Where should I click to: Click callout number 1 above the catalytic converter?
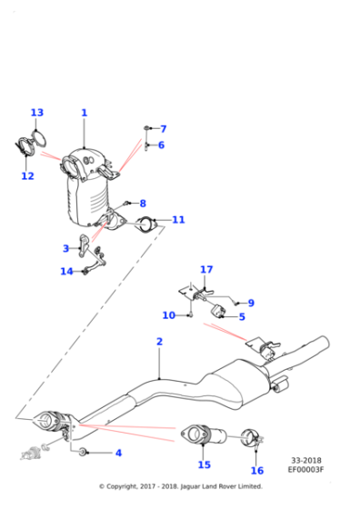click(x=84, y=114)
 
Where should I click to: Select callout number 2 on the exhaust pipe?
click(x=159, y=342)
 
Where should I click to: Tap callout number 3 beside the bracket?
click(x=65, y=248)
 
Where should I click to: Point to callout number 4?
click(x=117, y=453)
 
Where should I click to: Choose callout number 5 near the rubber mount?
click(x=242, y=317)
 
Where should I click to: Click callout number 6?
click(x=161, y=145)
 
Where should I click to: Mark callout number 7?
click(x=163, y=129)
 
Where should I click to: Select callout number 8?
click(x=142, y=204)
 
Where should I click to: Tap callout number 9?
click(x=251, y=303)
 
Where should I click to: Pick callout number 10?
click(x=168, y=315)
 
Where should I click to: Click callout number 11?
click(x=178, y=220)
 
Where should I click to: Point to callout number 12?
click(x=27, y=176)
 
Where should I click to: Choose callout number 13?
click(x=36, y=114)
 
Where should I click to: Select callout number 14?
click(x=66, y=271)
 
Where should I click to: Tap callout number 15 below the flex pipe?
click(x=204, y=464)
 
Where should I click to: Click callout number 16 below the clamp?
click(x=257, y=470)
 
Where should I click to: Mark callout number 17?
click(x=206, y=270)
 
